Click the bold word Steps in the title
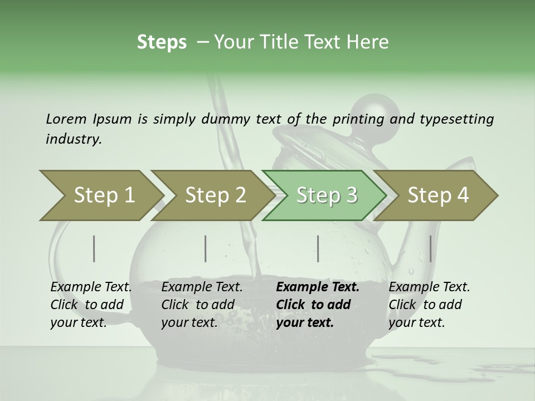coord(162,42)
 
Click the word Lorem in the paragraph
coord(66,119)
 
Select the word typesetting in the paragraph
coord(456,119)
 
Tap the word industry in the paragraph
coord(73,139)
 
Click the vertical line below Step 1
coord(94,248)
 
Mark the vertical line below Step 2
coord(206,248)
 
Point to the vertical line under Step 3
coord(318,248)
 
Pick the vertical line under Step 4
coord(430,248)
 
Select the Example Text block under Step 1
coord(91,305)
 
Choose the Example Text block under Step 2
coord(202,305)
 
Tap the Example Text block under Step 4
coord(429,305)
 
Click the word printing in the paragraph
coord(358,119)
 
